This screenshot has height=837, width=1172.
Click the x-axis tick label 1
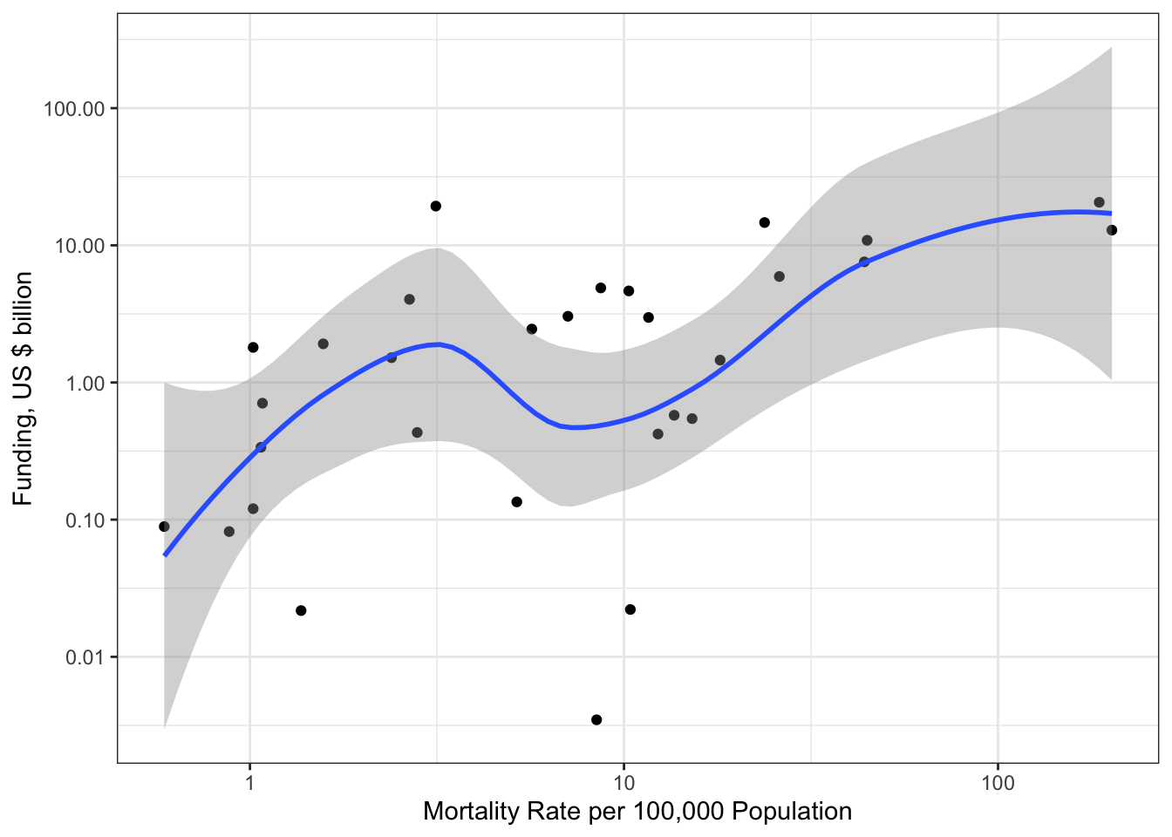point(250,782)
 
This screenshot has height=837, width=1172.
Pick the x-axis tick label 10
point(623,782)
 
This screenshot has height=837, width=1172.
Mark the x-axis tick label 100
point(997,782)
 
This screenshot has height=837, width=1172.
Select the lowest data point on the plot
point(596,719)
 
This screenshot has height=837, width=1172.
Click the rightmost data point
point(1112,230)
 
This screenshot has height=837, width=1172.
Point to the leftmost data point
point(164,527)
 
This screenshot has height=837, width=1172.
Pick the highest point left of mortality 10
point(435,206)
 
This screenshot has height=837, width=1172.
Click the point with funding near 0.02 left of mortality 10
point(301,610)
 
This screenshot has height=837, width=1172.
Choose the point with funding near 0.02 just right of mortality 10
point(630,609)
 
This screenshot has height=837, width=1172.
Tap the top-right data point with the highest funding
point(1099,202)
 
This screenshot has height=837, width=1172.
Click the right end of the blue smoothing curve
point(1111,213)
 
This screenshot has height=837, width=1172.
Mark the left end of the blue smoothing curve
point(165,555)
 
